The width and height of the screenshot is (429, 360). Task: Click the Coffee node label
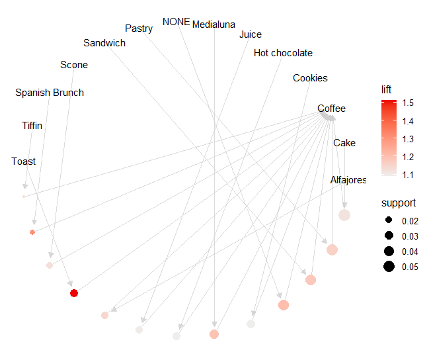click(x=331, y=109)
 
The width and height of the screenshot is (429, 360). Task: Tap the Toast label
click(x=24, y=161)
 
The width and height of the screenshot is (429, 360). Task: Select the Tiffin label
click(x=32, y=125)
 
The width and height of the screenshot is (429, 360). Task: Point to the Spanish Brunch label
click(x=50, y=93)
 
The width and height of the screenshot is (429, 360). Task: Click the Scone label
click(x=74, y=65)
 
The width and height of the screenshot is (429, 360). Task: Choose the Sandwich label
click(x=104, y=43)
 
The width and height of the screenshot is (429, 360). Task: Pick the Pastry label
click(x=139, y=28)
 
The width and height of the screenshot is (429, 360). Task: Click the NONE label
click(x=176, y=21)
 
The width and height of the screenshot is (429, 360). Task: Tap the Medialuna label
click(x=214, y=24)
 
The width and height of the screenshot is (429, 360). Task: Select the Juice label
click(x=251, y=34)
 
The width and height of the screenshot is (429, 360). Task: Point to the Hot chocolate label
click(x=283, y=53)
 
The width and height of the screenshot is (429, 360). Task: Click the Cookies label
click(x=310, y=78)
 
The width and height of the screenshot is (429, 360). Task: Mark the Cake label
click(x=344, y=143)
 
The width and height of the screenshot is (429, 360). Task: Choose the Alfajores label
click(x=348, y=180)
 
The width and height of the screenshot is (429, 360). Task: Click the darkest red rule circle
click(x=74, y=293)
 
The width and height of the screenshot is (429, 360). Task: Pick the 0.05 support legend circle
click(x=388, y=267)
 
